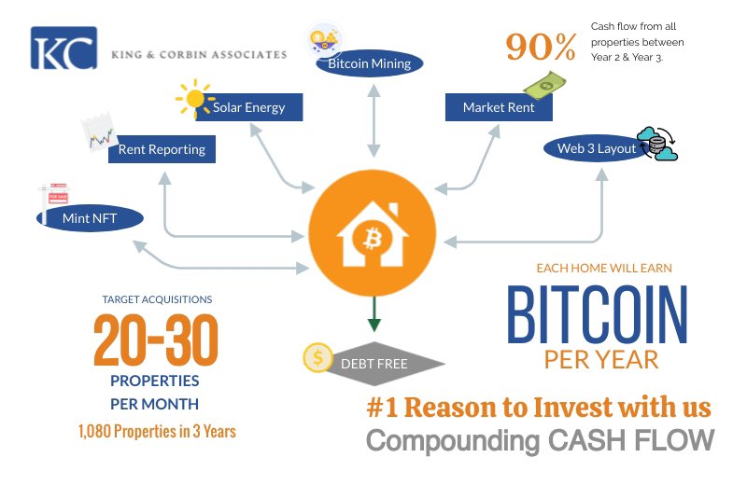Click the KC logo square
click(x=63, y=49)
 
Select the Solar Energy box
click(x=249, y=107)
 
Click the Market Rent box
click(x=499, y=107)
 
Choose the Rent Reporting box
click(x=162, y=149)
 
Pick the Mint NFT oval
click(x=91, y=218)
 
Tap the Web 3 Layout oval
click(x=598, y=148)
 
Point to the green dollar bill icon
click(x=543, y=86)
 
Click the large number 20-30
click(x=156, y=340)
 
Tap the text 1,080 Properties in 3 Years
click(x=156, y=431)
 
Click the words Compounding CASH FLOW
click(x=539, y=439)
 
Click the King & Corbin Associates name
click(x=199, y=55)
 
